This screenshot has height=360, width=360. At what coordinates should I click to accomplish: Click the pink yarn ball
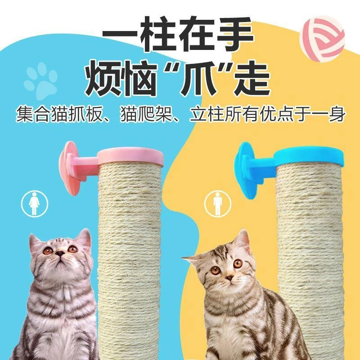click(x=322, y=40)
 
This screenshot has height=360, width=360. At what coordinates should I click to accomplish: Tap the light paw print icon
click(x=40, y=81)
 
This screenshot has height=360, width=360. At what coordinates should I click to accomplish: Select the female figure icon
click(x=35, y=203)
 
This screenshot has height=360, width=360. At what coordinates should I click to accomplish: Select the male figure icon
click(x=217, y=203)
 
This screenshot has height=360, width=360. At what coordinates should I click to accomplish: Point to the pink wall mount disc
click(x=69, y=168)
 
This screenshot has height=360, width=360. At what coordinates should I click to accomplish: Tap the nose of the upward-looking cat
click(x=60, y=253)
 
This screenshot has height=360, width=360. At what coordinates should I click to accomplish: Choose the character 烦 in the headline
click(x=103, y=78)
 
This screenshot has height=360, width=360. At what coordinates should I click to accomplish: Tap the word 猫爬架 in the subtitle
click(x=147, y=114)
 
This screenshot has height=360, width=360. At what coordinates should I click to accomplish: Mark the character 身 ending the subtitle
click(x=336, y=114)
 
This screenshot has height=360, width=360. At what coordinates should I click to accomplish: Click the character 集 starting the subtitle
click(x=25, y=114)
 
